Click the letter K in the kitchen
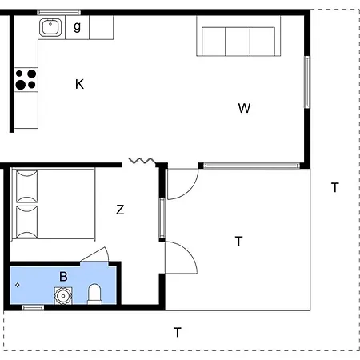click(x=79, y=84)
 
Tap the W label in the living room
click(x=244, y=108)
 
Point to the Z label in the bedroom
click(x=120, y=210)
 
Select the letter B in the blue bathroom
click(x=63, y=276)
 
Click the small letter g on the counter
click(x=77, y=26)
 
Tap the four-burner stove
click(x=26, y=78)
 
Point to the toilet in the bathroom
click(x=94, y=294)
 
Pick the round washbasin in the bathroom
click(x=62, y=295)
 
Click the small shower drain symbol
click(x=18, y=284)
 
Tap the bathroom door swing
click(x=96, y=255)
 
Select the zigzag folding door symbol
click(x=141, y=161)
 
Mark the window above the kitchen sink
click(x=59, y=11)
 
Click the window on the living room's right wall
click(x=306, y=82)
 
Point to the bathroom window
click(x=33, y=307)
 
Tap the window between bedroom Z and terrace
click(x=162, y=218)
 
